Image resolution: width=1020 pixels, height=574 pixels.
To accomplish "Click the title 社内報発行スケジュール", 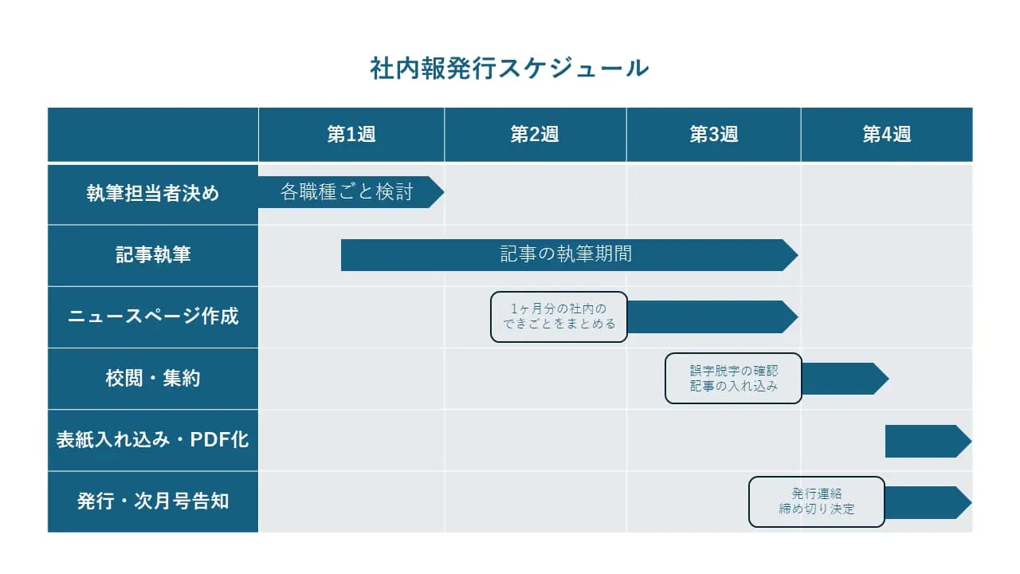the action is pos(509,69).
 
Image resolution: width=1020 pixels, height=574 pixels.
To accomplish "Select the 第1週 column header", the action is pos(351,135).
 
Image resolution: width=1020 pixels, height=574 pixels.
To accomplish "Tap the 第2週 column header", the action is pos(535,135).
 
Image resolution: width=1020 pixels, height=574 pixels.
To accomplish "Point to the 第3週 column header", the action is pos(713,135).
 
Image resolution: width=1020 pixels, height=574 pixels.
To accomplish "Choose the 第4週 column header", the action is pos(887,135).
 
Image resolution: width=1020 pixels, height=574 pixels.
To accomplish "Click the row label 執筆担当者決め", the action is pos(153,193).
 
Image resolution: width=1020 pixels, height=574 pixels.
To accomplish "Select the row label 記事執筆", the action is pos(153,254).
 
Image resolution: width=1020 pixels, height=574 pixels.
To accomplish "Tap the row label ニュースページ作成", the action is pos(153,316).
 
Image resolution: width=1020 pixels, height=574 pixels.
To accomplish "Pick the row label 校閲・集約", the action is pos(153,378).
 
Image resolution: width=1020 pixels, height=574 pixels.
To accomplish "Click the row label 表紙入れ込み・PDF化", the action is pos(153,439).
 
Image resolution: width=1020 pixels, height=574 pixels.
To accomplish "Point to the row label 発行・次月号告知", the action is pos(153,501).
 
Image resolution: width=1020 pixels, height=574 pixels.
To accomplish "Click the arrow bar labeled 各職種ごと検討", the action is pos(351,192).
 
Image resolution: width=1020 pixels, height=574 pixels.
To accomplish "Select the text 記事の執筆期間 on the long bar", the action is pos(566,254).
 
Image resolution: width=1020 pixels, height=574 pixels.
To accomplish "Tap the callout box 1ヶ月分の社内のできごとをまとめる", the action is pos(559,316).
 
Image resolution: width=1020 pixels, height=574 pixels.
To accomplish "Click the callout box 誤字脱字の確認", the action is pos(733,378).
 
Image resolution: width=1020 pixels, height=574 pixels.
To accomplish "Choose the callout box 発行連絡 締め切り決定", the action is pos(817,501).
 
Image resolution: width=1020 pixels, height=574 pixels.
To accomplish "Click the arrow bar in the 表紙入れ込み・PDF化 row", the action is pos(928,441).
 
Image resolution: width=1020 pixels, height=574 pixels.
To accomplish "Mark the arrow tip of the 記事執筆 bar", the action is pos(798,255).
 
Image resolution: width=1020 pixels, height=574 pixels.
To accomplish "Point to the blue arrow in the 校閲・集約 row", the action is pos(845,379).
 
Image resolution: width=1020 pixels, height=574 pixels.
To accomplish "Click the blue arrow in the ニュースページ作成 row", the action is pos(712,316).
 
